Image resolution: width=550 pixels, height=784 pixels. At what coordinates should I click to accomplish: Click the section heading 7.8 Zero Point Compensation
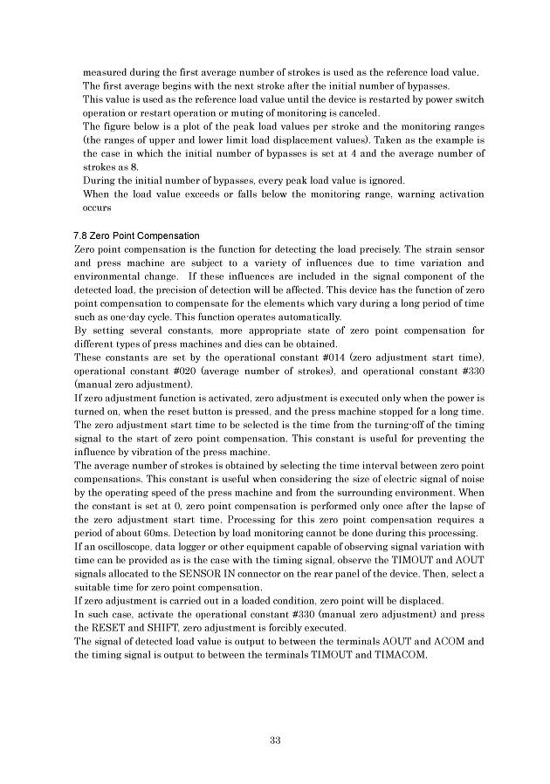pyautogui.click(x=136, y=236)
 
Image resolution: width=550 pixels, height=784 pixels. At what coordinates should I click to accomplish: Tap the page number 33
pyautogui.click(x=275, y=740)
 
